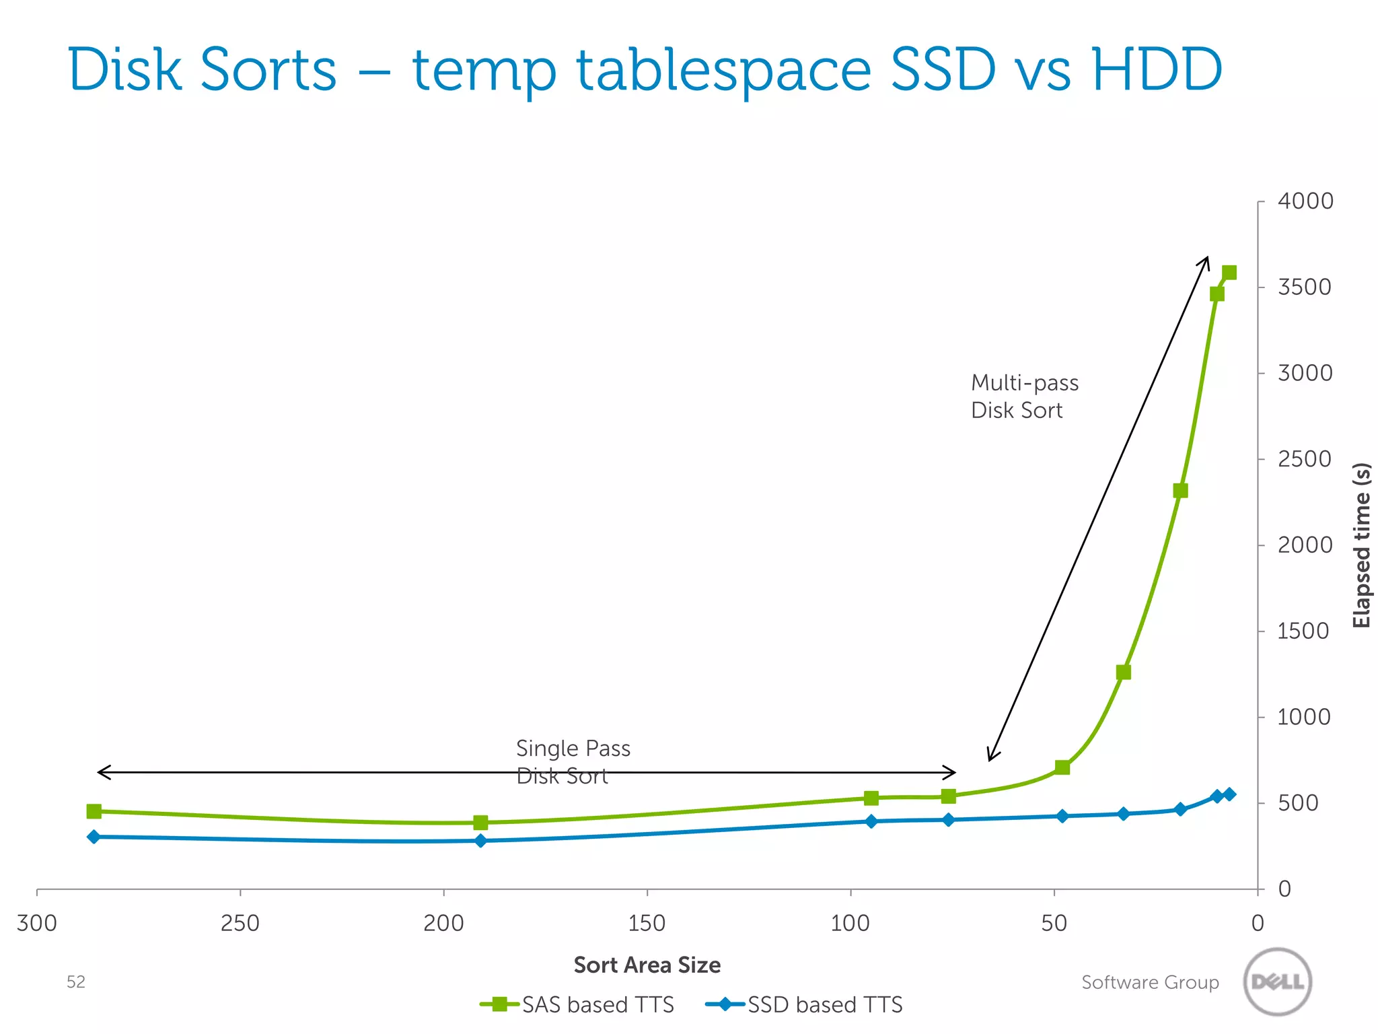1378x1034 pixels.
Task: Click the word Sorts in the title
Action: [x=268, y=70]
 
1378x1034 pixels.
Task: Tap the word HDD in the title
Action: [x=1157, y=70]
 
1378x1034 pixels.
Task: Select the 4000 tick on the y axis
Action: [x=1305, y=201]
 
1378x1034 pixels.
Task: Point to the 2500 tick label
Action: [x=1305, y=459]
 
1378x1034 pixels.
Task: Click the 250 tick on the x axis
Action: [x=240, y=923]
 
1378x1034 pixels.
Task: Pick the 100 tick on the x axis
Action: [x=850, y=923]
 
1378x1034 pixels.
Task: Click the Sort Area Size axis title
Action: [x=647, y=965]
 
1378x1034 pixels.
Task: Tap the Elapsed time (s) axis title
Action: [x=1361, y=545]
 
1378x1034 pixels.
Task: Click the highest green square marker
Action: [x=1229, y=273]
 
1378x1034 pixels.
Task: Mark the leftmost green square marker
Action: [x=94, y=811]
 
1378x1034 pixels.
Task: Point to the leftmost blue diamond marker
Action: [x=94, y=837]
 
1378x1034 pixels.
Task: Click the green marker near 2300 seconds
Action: [x=1180, y=491]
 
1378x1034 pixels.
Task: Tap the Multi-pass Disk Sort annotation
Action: [x=1024, y=397]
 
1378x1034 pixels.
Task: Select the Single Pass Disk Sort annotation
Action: [x=573, y=761]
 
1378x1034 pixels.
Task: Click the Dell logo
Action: [x=1277, y=981]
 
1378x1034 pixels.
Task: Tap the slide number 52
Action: [x=76, y=982]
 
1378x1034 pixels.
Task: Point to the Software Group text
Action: [x=1150, y=982]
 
